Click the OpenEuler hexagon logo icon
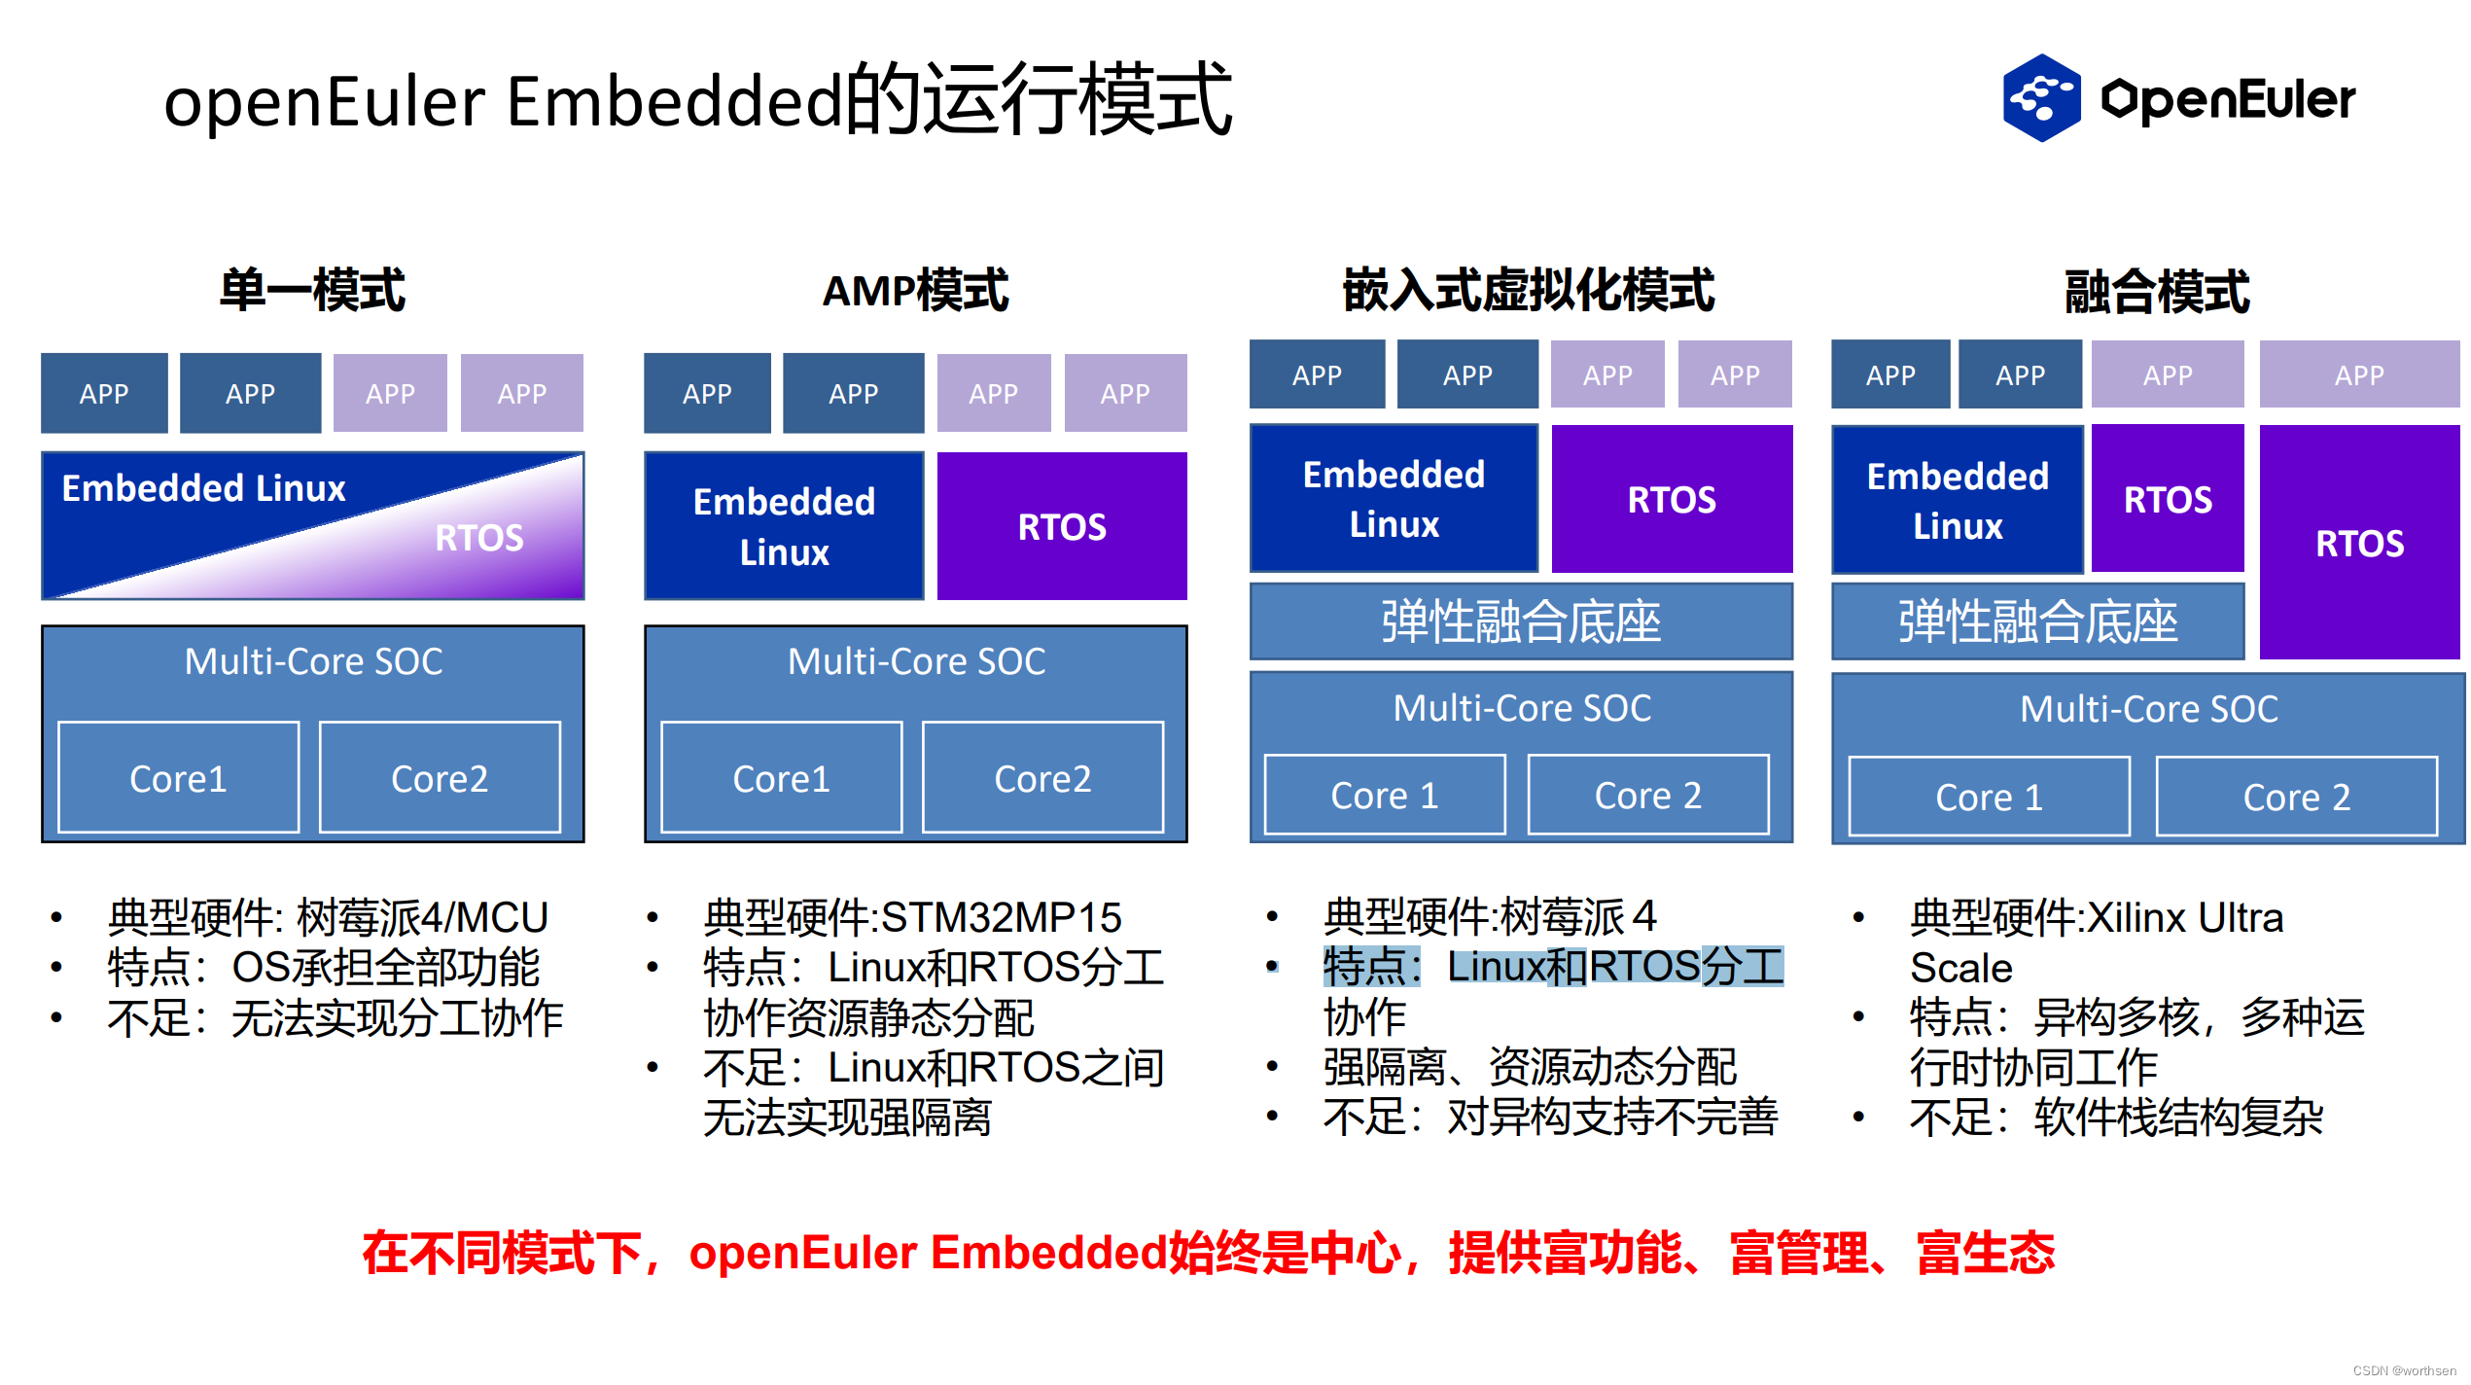2040,98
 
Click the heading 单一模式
312,291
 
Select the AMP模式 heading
915,291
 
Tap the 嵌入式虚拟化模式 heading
1528,291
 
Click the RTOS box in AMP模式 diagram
1061,526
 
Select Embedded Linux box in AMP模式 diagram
784,526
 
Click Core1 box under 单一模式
178,778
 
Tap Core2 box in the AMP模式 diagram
1042,778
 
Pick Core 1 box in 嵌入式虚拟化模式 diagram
1384,796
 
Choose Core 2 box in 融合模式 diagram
2296,798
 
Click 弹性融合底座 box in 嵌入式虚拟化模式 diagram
1520,622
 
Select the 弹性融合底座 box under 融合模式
2037,622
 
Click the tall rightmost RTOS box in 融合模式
2359,543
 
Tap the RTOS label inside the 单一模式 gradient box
478,538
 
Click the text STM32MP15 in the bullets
1002,917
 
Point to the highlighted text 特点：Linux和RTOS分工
1553,967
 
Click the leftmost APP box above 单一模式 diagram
104,394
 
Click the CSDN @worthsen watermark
2404,1370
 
